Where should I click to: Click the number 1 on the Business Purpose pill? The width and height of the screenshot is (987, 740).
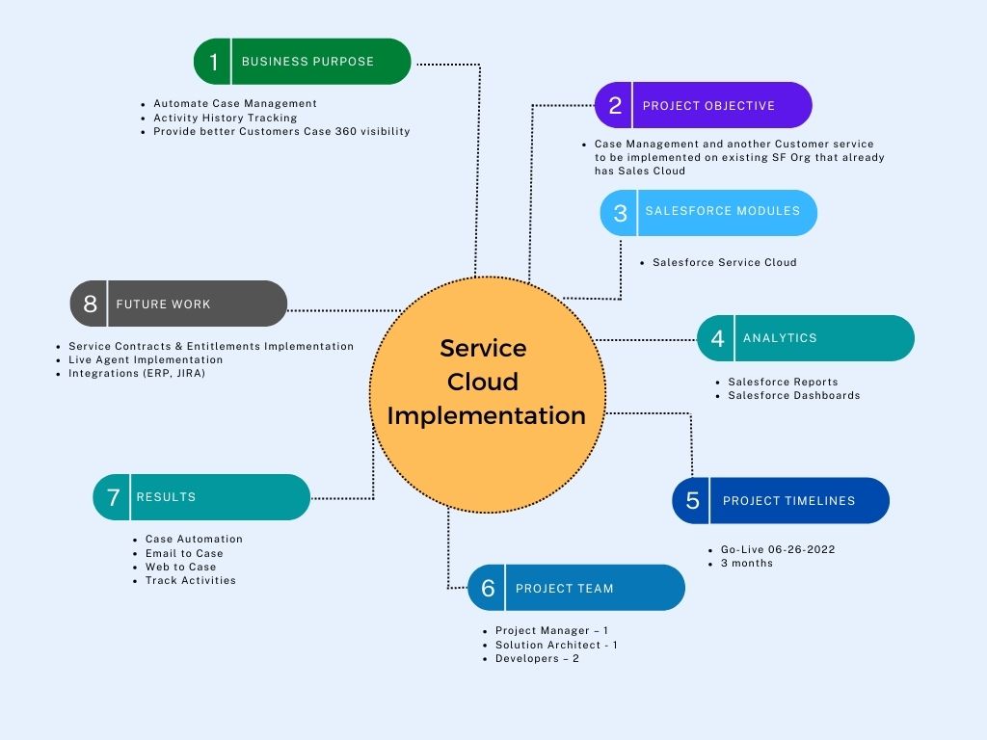click(213, 62)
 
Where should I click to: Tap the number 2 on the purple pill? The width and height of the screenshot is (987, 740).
click(615, 106)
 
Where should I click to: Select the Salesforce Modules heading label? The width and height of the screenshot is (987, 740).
click(723, 211)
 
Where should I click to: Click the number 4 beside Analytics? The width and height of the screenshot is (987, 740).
click(717, 338)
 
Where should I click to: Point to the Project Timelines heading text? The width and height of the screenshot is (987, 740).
click(788, 501)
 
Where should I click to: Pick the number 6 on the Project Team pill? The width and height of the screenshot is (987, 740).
click(488, 588)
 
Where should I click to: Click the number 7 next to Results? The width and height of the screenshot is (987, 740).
click(113, 497)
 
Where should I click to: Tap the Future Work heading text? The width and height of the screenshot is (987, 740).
click(163, 304)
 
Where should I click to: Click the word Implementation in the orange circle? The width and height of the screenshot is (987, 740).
click(486, 416)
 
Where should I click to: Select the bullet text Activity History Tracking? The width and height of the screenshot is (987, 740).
click(225, 118)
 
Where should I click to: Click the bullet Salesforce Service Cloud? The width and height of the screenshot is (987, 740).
click(724, 262)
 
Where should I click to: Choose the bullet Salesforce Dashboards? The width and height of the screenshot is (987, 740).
click(793, 395)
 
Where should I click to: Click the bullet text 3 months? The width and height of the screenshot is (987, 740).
click(746, 563)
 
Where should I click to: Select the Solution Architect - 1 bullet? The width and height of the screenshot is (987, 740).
click(556, 645)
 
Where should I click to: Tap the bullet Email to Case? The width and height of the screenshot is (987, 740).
click(183, 553)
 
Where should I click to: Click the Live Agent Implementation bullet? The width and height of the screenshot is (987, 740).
click(146, 359)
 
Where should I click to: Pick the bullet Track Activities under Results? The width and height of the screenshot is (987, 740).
click(190, 580)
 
